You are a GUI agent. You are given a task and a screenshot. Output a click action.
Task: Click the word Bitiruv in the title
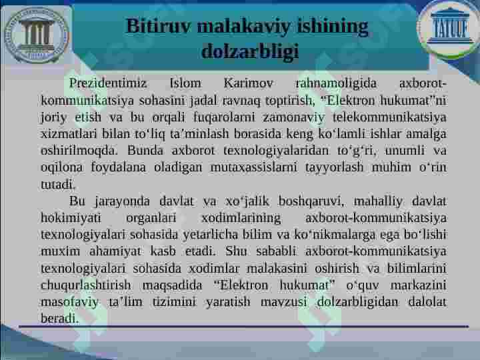(x=159, y=27)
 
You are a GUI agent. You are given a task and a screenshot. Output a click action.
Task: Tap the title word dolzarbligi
(x=250, y=51)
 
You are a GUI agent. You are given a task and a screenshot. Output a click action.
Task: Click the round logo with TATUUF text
(x=449, y=29)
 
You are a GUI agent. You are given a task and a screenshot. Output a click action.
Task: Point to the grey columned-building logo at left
(x=37, y=35)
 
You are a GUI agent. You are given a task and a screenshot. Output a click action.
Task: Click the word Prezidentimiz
(x=108, y=83)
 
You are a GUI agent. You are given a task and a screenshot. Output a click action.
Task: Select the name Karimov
(x=248, y=83)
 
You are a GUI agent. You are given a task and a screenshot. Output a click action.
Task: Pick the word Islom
(x=185, y=83)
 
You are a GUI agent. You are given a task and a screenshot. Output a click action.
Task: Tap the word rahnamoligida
(x=336, y=84)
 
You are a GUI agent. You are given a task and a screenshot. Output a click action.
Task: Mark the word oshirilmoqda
(x=79, y=151)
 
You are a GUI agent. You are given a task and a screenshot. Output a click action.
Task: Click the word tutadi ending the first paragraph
(x=58, y=184)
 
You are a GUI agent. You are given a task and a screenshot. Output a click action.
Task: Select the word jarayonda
(x=123, y=201)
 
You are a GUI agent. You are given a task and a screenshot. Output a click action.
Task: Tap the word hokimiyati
(x=71, y=218)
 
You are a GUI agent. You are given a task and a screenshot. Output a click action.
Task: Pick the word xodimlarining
(x=241, y=218)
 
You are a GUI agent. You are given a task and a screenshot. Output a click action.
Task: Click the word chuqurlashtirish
(x=86, y=285)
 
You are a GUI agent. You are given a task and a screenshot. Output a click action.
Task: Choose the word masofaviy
(x=69, y=302)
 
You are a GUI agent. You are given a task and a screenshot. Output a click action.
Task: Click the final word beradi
(x=60, y=319)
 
